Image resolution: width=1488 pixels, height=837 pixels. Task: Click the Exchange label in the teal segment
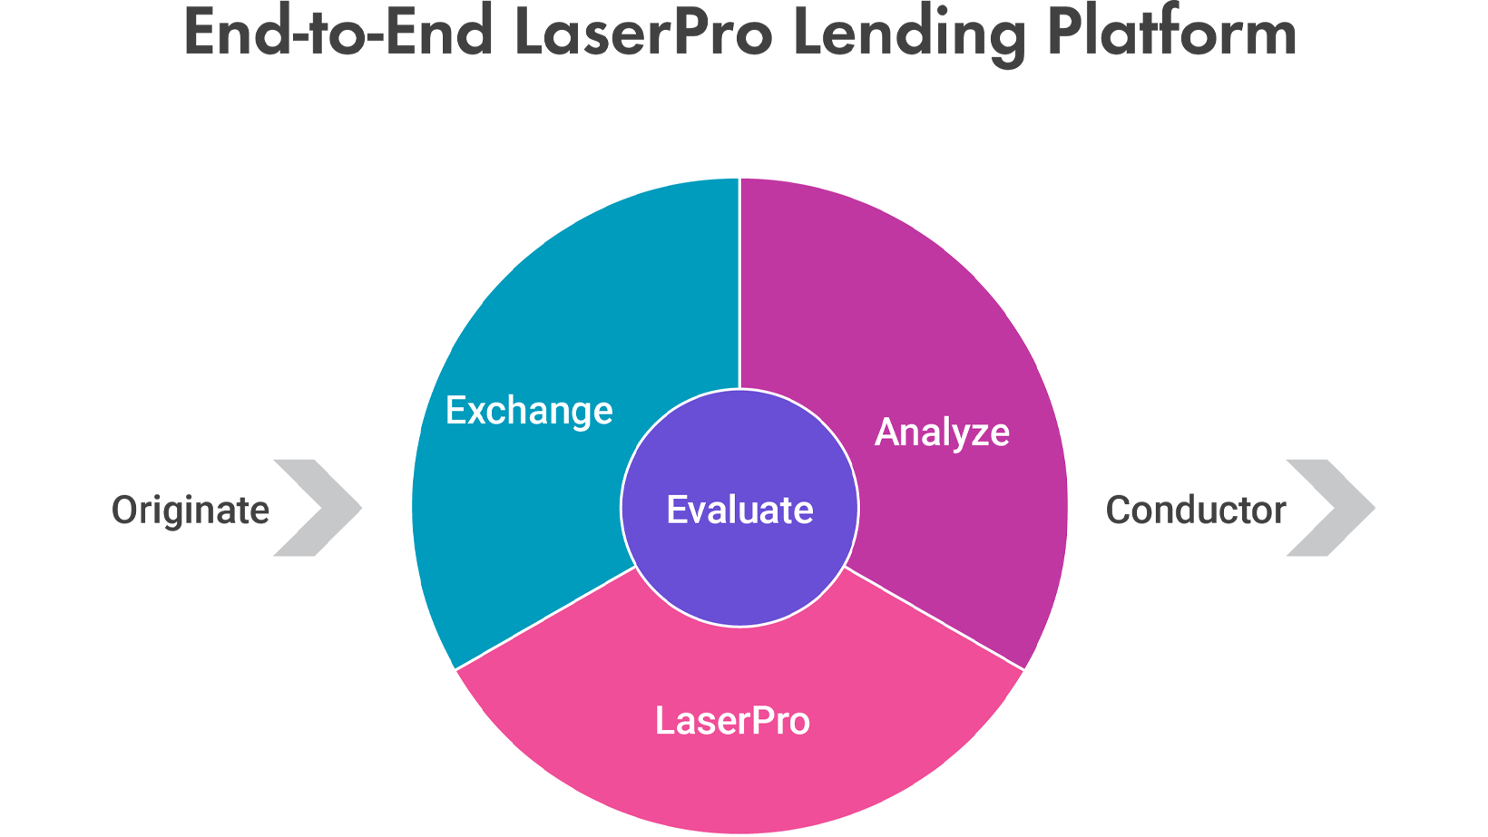[x=529, y=411]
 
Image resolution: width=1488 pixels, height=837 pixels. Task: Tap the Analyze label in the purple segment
[x=942, y=433]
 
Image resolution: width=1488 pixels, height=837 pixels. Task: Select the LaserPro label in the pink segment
[x=733, y=721]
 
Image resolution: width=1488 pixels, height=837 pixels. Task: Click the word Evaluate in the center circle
[x=740, y=510]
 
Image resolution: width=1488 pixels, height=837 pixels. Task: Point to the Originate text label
[x=191, y=511]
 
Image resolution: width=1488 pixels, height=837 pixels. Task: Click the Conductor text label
[x=1196, y=511]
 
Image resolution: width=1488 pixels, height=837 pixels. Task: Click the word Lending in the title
[x=909, y=34]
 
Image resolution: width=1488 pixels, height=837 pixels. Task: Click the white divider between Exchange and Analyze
[x=739, y=284]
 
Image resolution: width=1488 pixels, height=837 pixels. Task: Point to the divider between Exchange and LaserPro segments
[x=545, y=618]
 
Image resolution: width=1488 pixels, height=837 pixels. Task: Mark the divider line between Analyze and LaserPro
[x=934, y=618]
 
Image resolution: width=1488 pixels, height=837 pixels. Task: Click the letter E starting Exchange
[x=456, y=410]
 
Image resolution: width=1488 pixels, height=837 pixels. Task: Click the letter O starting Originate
[x=124, y=510]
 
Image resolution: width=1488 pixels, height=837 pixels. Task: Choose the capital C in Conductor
[x=1119, y=510]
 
